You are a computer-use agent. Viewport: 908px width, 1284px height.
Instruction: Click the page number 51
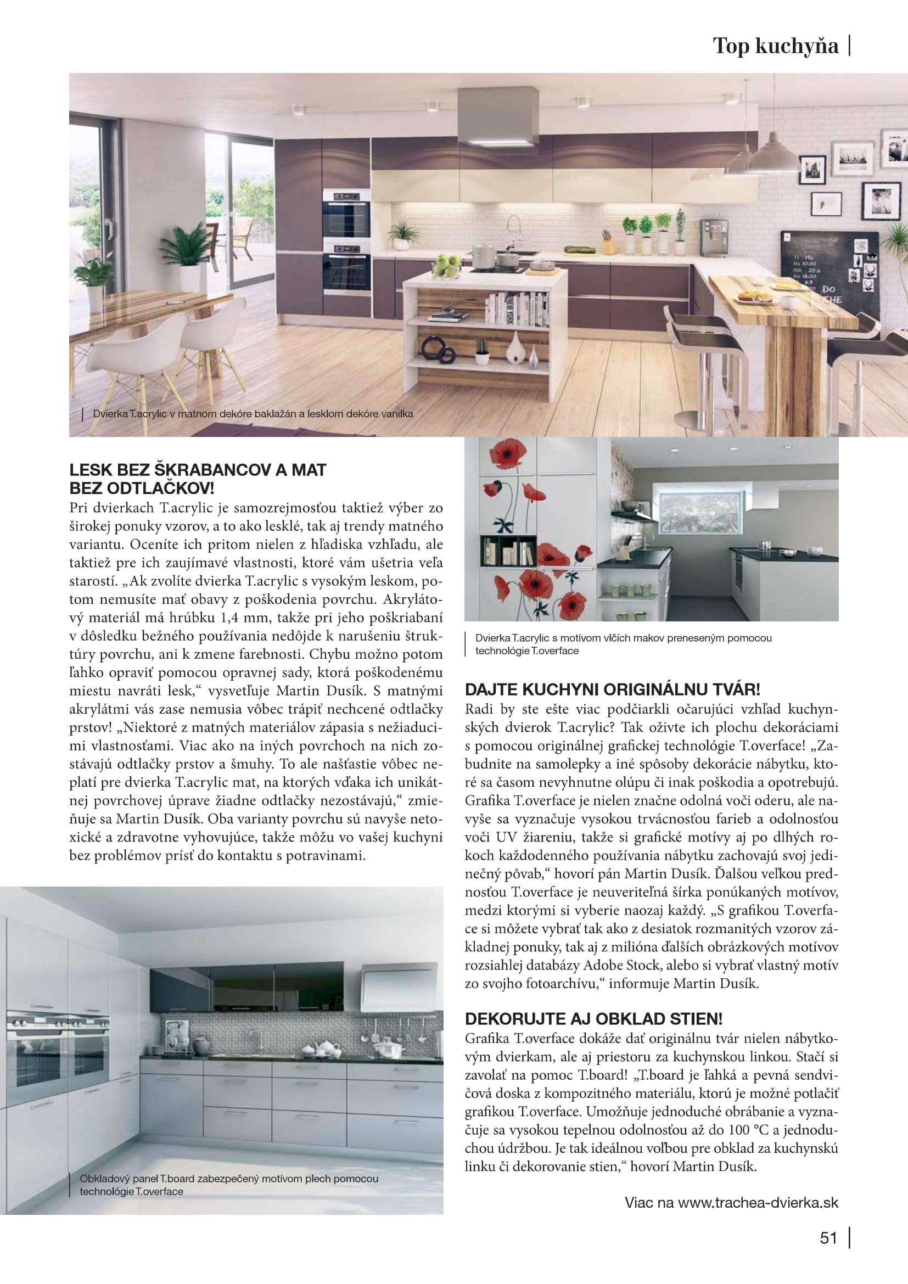828,1238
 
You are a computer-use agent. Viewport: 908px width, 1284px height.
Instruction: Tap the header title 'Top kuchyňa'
776,47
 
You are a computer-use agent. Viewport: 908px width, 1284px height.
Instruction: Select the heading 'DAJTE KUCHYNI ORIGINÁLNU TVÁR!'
612,689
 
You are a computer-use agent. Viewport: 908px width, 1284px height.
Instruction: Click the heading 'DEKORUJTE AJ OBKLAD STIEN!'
593,1018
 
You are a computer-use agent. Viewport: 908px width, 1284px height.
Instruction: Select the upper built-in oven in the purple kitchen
346,213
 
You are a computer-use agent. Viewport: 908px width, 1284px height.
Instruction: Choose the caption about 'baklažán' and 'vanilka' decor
253,414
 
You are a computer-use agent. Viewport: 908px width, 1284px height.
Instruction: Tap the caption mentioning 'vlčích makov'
623,644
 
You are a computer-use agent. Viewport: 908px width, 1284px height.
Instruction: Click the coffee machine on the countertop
714,237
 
